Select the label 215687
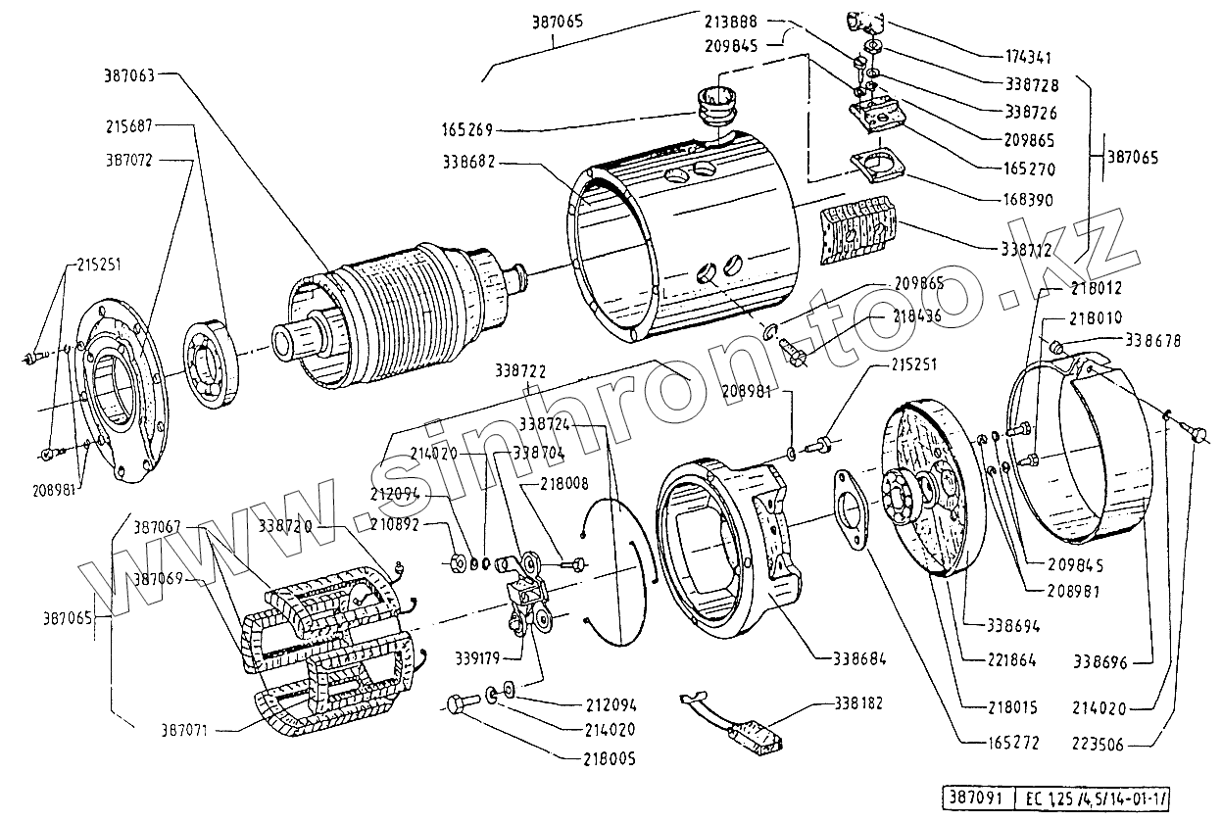(x=130, y=125)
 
